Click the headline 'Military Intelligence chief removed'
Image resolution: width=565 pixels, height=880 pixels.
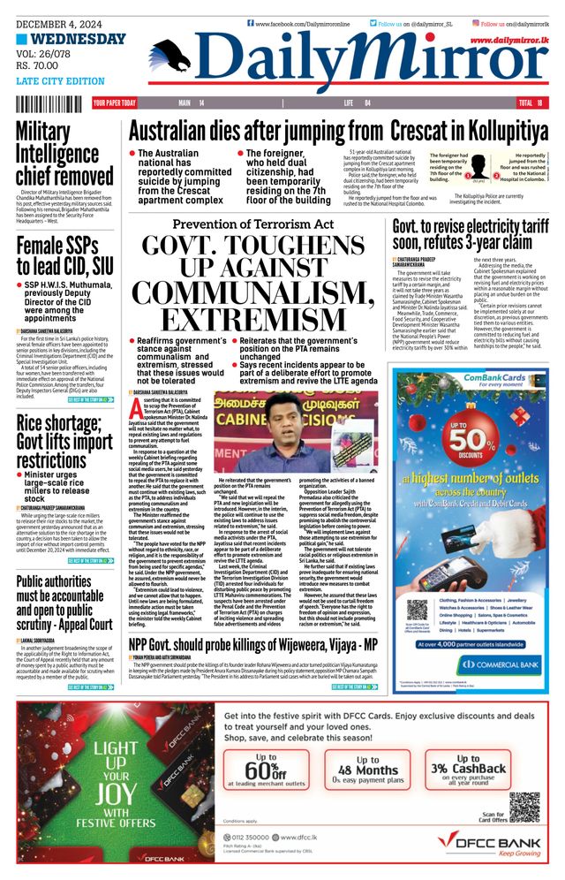click(64, 152)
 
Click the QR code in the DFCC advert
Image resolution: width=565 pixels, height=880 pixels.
click(524, 805)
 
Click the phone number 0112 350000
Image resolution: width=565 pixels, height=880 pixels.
click(257, 836)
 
